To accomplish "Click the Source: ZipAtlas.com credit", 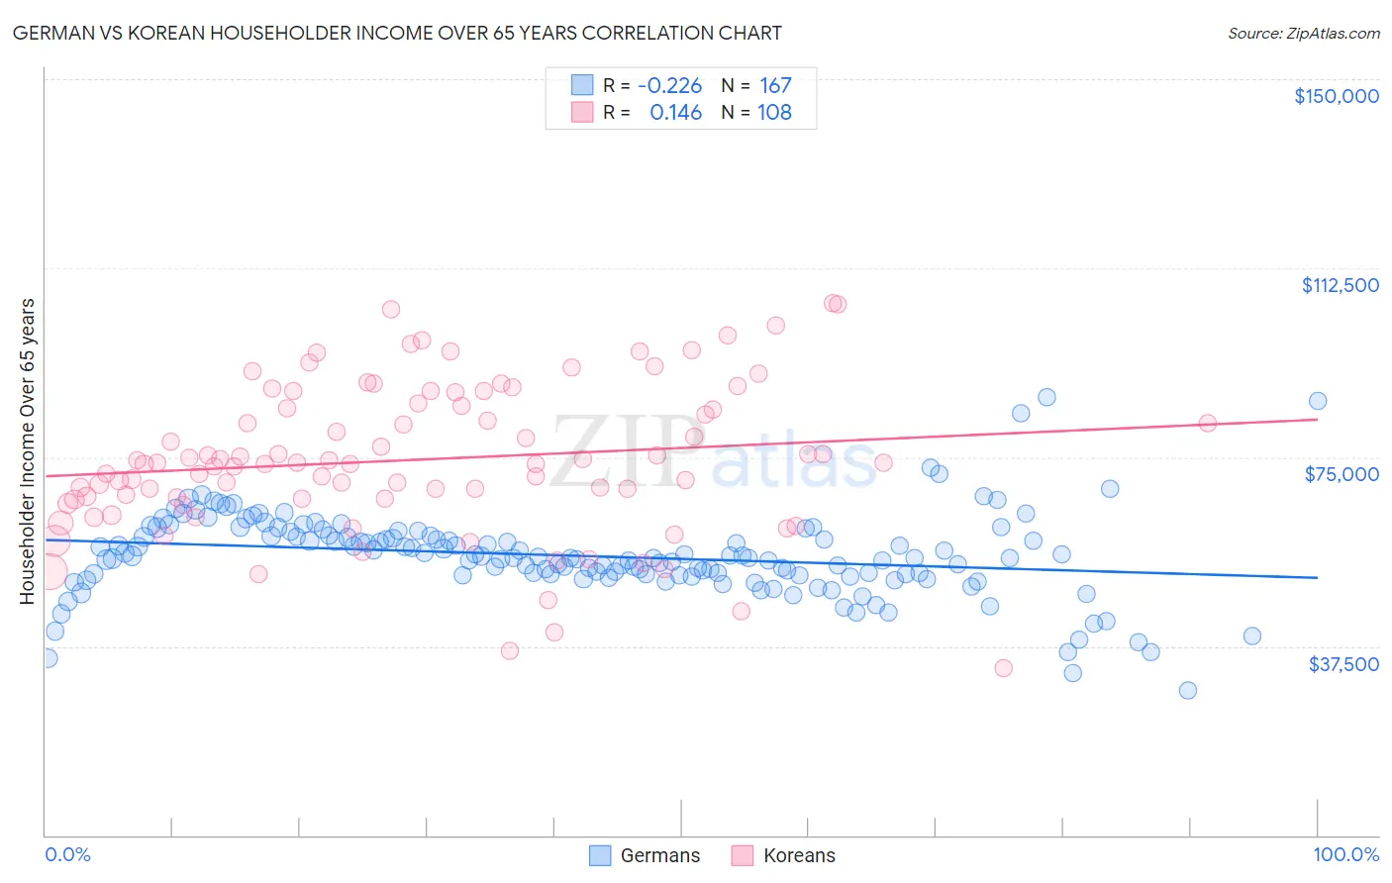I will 1303,33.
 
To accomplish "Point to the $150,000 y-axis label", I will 1336,96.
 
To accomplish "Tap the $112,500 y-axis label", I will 1340,285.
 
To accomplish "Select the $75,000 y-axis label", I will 1342,474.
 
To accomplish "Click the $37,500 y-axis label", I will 1343,664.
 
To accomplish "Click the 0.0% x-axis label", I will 67,855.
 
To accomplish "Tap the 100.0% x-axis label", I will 1345,855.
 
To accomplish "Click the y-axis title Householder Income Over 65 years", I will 27,450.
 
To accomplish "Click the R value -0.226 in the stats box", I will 669,86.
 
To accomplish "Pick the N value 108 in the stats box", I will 774,113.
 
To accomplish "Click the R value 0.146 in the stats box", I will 675,113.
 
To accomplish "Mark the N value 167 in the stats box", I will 775,86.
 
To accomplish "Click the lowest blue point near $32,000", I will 1188,690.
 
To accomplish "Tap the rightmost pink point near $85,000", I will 1208,423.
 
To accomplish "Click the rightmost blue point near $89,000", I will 1318,401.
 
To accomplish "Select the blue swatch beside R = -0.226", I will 582,86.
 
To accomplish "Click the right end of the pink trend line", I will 1318,419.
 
